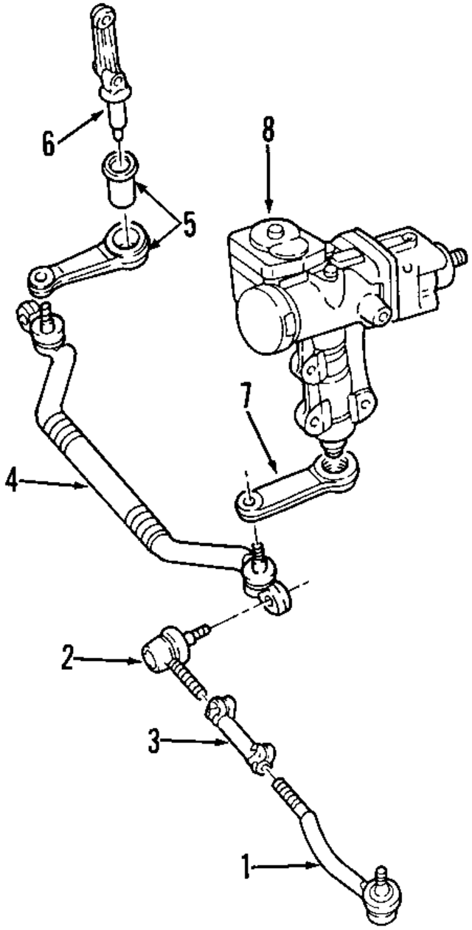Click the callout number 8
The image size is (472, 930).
click(x=267, y=130)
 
